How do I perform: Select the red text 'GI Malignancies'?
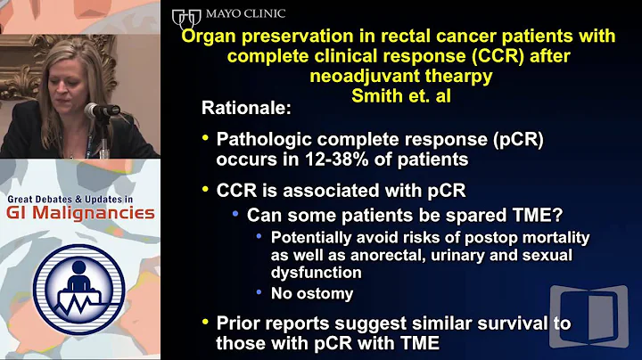pyautogui.click(x=80, y=214)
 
